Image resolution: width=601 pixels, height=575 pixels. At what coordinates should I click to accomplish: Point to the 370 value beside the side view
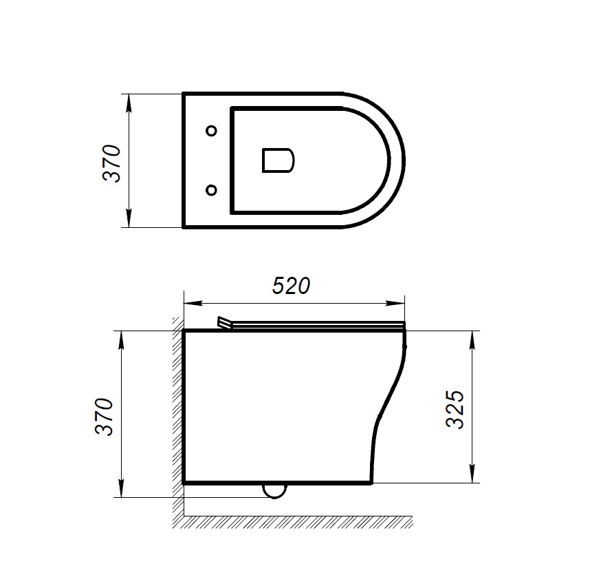104,416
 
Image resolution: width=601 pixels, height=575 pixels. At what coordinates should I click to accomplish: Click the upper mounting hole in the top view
212,131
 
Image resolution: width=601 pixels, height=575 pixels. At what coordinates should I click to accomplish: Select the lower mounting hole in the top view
212,189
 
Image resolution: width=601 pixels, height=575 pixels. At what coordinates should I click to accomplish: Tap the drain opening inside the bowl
278,160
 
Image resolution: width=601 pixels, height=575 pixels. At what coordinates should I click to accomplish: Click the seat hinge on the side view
224,323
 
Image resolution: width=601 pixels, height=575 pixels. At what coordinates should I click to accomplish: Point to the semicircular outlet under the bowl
275,490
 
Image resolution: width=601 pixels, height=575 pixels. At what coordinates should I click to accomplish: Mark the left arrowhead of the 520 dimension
189,302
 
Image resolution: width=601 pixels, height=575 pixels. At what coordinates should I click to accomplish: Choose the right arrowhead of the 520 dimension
398,302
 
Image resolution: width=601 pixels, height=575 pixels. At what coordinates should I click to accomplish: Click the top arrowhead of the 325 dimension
473,337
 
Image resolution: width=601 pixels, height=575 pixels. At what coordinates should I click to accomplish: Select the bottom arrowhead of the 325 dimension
473,477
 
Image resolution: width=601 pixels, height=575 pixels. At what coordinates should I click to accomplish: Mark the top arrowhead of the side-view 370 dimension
121,337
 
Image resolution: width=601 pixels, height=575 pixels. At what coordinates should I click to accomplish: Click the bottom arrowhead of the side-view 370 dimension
121,490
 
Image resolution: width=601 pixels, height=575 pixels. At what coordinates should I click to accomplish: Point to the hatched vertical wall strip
177,413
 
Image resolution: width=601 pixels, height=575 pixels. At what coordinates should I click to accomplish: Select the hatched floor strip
296,521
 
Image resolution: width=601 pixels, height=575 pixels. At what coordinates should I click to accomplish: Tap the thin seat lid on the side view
316,324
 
